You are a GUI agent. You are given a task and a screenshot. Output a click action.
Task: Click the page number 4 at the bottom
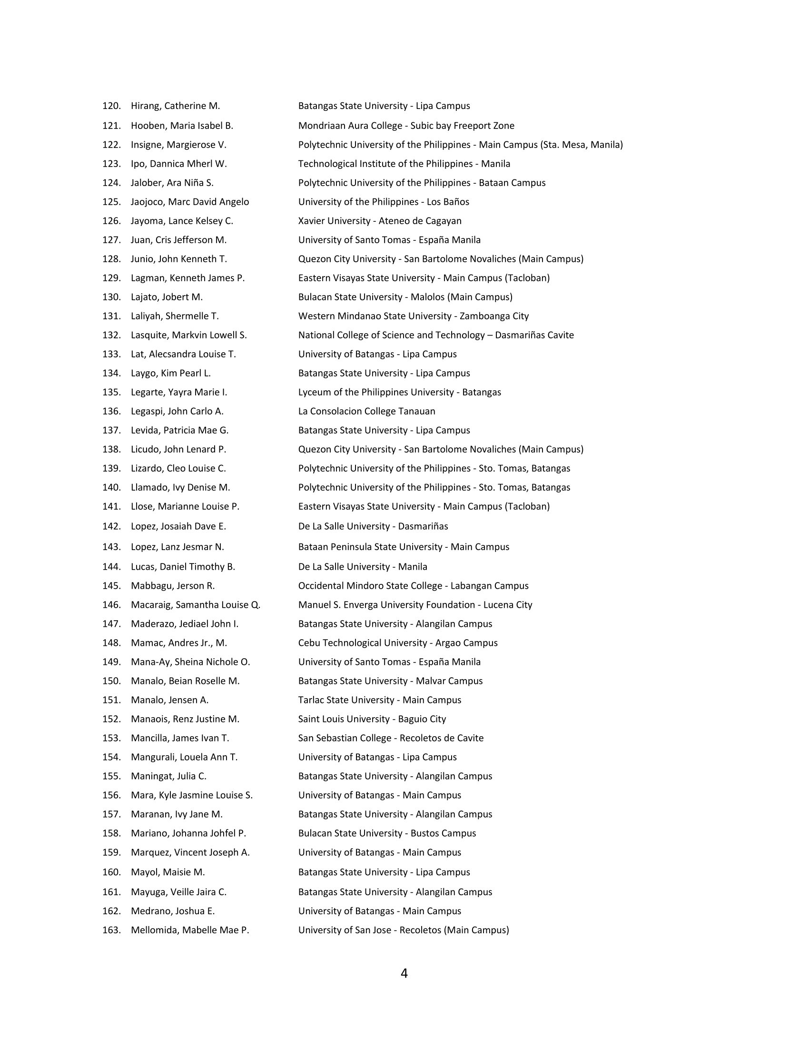pyautogui.click(x=404, y=973)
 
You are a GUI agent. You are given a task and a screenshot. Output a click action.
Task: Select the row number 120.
pyautogui.click(x=111, y=106)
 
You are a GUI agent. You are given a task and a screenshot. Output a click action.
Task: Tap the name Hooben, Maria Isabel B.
pyautogui.click(x=182, y=126)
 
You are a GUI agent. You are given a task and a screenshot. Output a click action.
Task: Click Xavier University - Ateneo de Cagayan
pyautogui.click(x=380, y=221)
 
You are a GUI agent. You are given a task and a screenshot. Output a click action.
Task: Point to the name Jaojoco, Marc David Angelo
pyautogui.click(x=190, y=202)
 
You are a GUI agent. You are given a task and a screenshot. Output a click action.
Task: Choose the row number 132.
pyautogui.click(x=111, y=335)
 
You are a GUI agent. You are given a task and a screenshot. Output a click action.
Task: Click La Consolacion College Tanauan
pyautogui.click(x=366, y=411)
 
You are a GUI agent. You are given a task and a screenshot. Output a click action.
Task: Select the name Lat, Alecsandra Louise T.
pyautogui.click(x=183, y=354)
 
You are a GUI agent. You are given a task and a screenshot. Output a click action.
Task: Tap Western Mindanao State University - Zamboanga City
pyautogui.click(x=413, y=316)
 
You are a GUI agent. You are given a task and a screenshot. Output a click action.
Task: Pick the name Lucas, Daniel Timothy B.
pyautogui.click(x=183, y=567)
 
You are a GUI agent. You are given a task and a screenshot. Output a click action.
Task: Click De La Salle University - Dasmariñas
pyautogui.click(x=373, y=526)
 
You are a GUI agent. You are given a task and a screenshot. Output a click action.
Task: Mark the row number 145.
pyautogui.click(x=111, y=586)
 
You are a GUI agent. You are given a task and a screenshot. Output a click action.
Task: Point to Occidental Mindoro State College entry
pyautogui.click(x=413, y=586)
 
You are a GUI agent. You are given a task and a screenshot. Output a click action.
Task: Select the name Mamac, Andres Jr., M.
pyautogui.click(x=179, y=643)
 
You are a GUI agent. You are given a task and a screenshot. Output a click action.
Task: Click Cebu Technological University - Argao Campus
pyautogui.click(x=398, y=643)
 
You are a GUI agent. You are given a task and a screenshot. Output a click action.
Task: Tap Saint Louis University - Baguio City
pyautogui.click(x=372, y=719)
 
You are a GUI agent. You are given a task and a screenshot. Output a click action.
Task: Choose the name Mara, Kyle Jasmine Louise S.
pyautogui.click(x=192, y=795)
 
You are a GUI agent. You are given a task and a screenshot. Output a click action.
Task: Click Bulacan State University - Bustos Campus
pyautogui.click(x=387, y=833)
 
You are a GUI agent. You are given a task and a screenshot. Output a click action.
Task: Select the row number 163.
pyautogui.click(x=111, y=930)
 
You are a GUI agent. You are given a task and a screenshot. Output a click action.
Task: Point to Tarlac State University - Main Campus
pyautogui.click(x=380, y=700)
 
